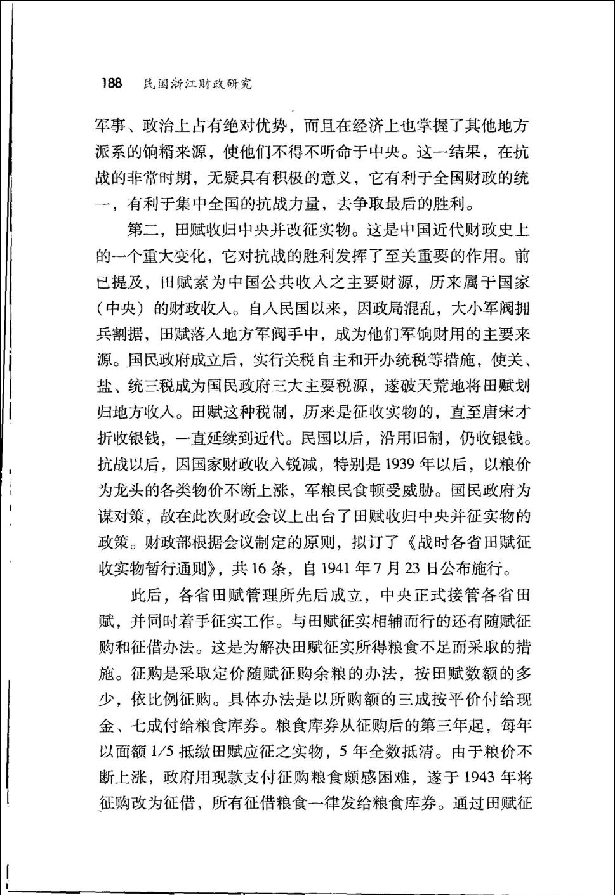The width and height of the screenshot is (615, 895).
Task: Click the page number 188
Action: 111,83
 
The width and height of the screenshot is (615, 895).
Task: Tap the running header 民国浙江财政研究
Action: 197,84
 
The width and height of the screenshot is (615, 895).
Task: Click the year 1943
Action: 480,778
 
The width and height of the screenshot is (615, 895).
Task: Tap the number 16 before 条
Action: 258,568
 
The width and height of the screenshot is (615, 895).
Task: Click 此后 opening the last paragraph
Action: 146,595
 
